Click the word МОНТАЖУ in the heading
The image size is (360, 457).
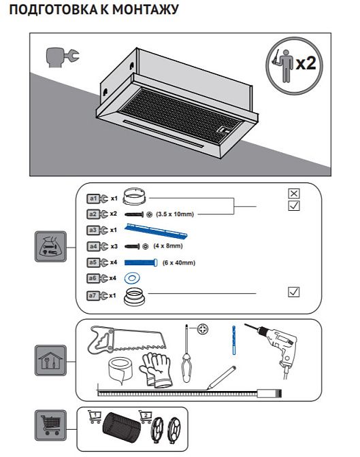145,10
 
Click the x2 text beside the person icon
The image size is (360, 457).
306,63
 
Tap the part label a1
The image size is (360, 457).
93,199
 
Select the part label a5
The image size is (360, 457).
93,263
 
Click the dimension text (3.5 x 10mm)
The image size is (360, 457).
175,214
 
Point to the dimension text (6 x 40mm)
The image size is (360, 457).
179,263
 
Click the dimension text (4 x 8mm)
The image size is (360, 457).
168,246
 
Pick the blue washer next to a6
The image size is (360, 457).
132,278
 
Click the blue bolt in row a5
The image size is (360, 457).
141,263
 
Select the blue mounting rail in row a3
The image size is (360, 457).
156,231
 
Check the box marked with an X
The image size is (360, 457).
293,193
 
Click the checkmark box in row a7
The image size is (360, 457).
293,292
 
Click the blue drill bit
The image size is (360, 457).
233,340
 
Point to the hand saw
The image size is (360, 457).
126,339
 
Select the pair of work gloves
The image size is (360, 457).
155,370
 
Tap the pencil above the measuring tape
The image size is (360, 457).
221,377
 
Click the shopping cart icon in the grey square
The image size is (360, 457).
51,425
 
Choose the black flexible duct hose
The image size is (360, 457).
120,426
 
